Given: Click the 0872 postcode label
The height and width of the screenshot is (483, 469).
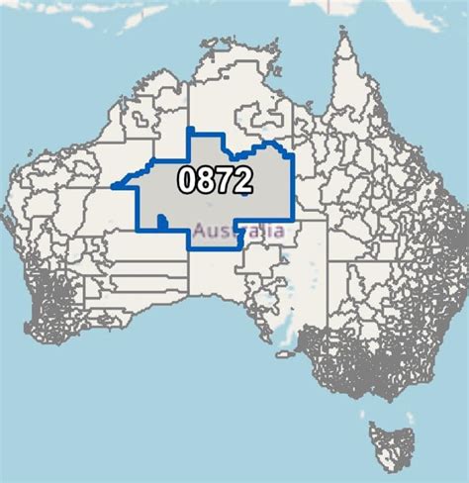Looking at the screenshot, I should click(215, 179).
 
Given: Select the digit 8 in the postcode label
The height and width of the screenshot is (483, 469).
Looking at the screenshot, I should click(206, 179).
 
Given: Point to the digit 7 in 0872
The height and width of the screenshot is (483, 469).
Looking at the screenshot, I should click(224, 179).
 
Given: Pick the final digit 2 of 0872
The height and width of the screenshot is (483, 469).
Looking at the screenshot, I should click(241, 179).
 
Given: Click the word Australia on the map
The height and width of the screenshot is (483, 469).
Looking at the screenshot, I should click(239, 231).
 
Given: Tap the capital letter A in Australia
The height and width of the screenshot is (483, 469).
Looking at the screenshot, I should click(201, 231).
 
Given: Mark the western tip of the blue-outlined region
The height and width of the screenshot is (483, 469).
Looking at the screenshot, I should click(114, 185).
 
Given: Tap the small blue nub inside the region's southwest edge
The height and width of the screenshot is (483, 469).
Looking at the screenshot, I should click(161, 226).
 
